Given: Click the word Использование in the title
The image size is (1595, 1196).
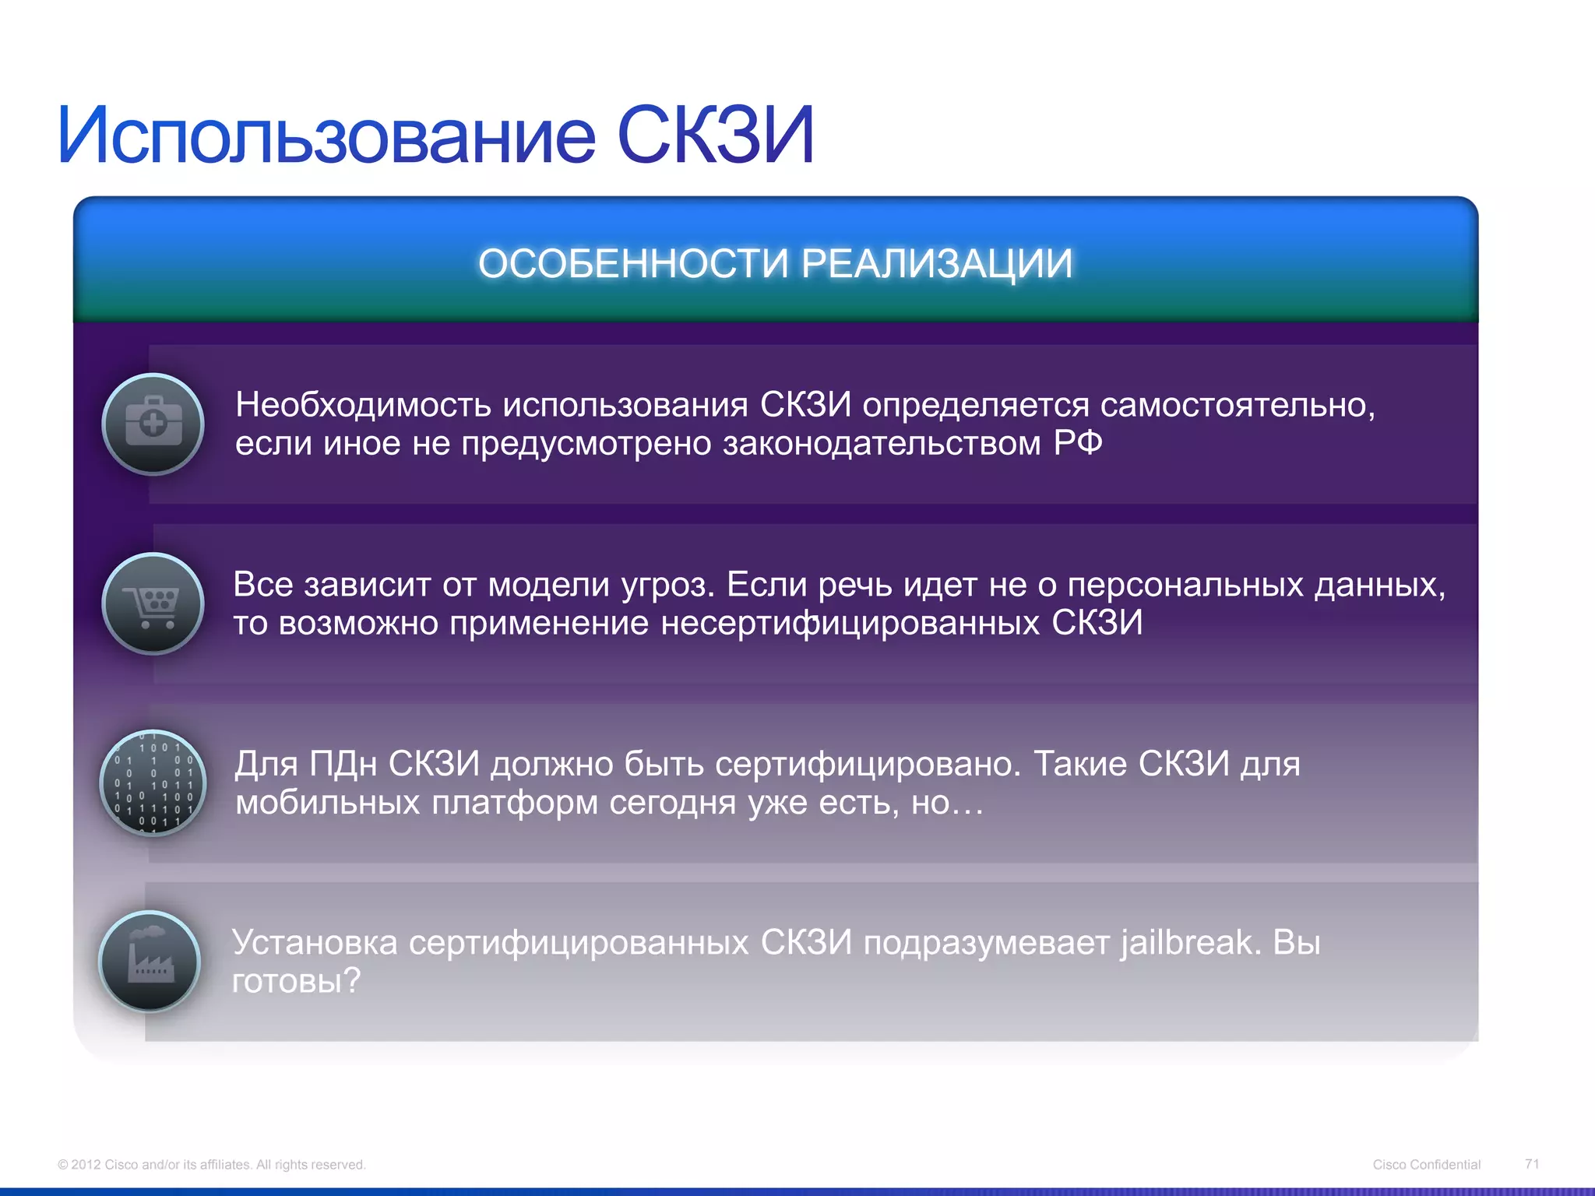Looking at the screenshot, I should [x=327, y=136].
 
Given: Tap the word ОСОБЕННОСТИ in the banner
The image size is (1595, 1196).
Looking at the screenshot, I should [x=633, y=263].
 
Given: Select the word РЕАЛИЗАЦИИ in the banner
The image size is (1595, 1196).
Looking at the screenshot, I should [x=937, y=263].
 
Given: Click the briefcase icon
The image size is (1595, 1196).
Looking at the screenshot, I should [x=153, y=424].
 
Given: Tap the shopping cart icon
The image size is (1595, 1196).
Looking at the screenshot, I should [x=153, y=603].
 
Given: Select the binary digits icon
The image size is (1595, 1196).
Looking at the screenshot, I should [x=153, y=783].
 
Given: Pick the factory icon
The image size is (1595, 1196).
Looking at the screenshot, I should [x=150, y=962].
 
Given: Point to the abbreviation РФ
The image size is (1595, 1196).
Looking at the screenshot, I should [x=1078, y=443].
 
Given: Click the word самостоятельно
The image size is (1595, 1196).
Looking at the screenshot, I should [x=1238, y=405].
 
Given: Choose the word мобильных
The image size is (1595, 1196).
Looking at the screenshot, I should [x=328, y=802].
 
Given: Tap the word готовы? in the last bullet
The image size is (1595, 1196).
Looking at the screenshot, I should [x=297, y=981].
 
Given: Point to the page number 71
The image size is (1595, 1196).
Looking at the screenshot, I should [x=1532, y=1164].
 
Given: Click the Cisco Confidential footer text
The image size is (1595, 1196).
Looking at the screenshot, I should [x=1426, y=1165].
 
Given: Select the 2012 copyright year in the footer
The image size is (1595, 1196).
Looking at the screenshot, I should [x=86, y=1165].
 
